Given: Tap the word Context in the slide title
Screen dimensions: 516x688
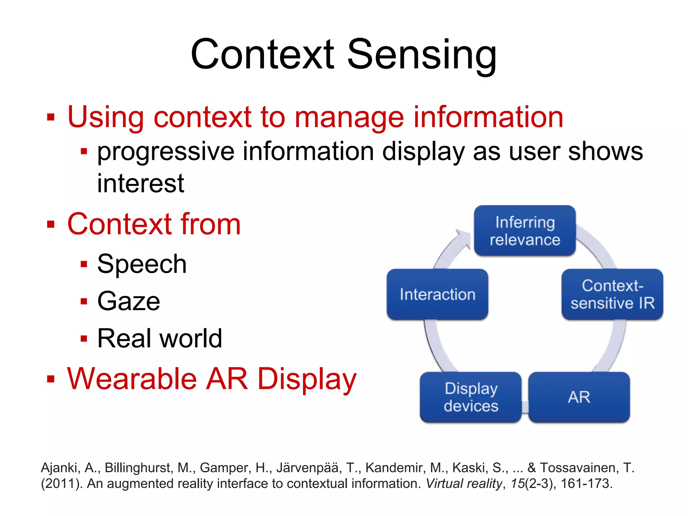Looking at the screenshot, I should click(x=263, y=54).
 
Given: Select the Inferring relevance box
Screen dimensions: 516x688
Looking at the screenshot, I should click(x=525, y=231).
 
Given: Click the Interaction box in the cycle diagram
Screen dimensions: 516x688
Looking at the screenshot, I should click(x=437, y=294).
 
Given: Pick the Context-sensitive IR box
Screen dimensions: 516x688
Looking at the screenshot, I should click(x=612, y=294).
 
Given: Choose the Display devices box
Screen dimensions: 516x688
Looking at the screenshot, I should click(x=471, y=397).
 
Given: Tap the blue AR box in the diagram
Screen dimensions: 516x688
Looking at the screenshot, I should click(x=579, y=397).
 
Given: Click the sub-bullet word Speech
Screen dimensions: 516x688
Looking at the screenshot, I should click(x=142, y=264).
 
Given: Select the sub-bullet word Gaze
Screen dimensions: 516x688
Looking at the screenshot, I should click(x=129, y=301).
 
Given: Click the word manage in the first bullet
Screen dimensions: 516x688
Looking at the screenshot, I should click(x=349, y=118).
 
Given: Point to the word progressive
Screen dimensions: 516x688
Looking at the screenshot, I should click(x=166, y=152).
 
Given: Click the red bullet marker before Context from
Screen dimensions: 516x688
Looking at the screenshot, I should click(x=51, y=224).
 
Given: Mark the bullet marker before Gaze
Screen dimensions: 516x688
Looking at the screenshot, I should click(x=84, y=301).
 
